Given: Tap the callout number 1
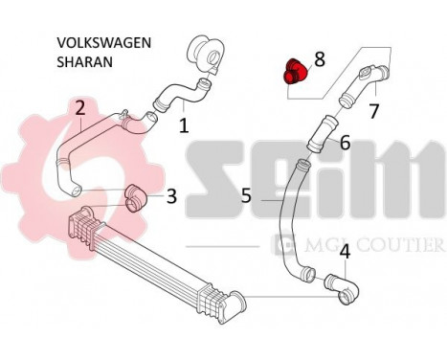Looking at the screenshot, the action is click(183, 124).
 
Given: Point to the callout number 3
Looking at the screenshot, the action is click(171, 196).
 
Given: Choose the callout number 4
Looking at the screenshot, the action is click(344, 253).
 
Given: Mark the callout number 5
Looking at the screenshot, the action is click(246, 195).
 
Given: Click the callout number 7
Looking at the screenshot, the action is click(374, 111).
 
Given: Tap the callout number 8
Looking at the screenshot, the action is click(320, 59).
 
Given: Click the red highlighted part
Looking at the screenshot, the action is click(295, 71).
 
